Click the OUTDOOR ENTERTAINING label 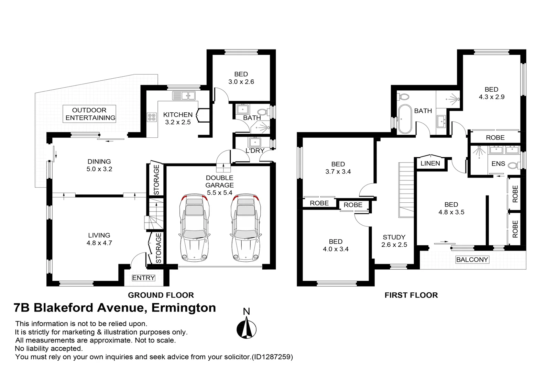point(90,114)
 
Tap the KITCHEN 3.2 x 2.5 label point(178,118)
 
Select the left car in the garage point(195,227)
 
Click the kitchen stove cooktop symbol point(151,117)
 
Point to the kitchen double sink point(184,95)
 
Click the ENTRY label point(143,278)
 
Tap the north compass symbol point(247,328)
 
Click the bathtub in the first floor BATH point(405,119)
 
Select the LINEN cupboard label point(430,164)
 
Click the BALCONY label point(472,260)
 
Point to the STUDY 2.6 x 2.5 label point(394,241)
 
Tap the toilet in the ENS point(514,166)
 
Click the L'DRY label point(255,150)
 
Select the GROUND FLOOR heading point(161,295)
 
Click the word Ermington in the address point(184,308)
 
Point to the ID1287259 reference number point(272,357)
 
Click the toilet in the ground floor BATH point(263,112)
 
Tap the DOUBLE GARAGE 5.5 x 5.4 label point(219,185)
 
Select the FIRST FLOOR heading point(411,295)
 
